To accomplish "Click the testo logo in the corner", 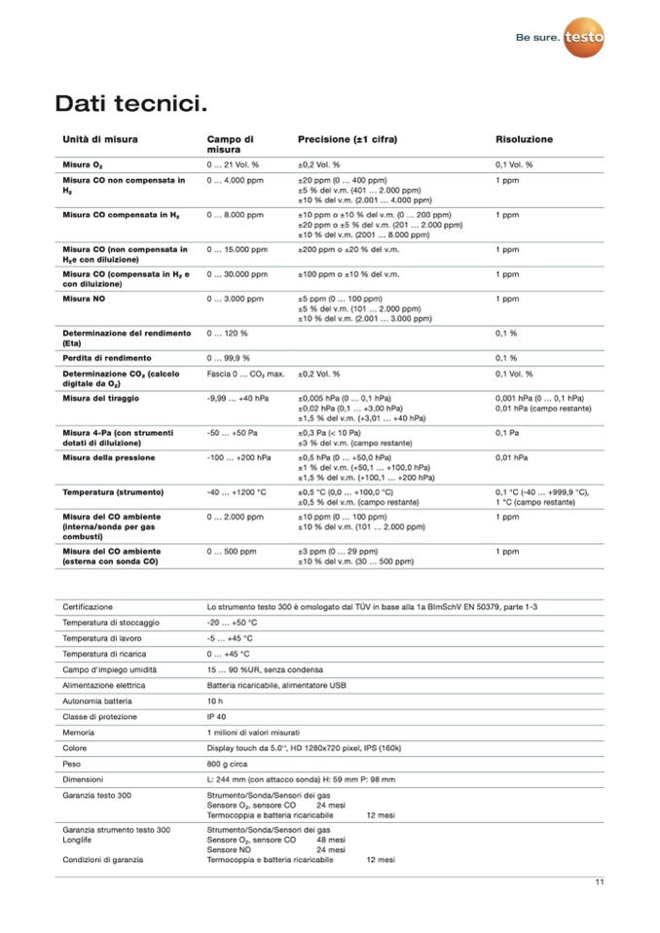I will pyautogui.click(x=584, y=37).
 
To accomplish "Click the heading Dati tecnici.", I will pyautogui.click(x=130, y=102).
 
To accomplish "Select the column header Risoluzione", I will pyautogui.click(x=524, y=139).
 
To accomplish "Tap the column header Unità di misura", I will pyautogui.click(x=100, y=139).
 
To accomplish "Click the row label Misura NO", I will pyautogui.click(x=87, y=299).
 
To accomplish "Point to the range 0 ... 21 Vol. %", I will pyautogui.click(x=233, y=165).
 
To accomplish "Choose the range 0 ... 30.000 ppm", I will pyautogui.click(x=238, y=275).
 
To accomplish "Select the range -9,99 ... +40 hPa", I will pyautogui.click(x=238, y=399).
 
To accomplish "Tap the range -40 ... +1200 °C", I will pyautogui.click(x=237, y=492).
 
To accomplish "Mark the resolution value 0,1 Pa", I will pyautogui.click(x=507, y=432).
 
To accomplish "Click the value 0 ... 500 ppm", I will pyautogui.click(x=232, y=552).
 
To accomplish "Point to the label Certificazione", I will pyautogui.click(x=88, y=606).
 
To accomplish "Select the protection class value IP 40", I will pyautogui.click(x=218, y=716).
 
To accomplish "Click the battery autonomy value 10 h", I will pyautogui.click(x=215, y=700).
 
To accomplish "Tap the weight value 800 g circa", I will pyautogui.click(x=229, y=764).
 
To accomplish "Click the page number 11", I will pyautogui.click(x=600, y=882).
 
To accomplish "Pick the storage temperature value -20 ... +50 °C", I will pyautogui.click(x=232, y=622).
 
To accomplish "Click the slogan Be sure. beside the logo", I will pyautogui.click(x=537, y=38).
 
